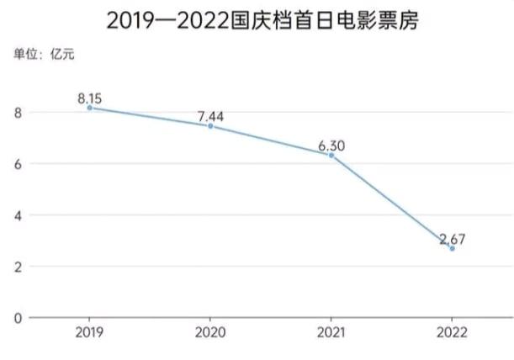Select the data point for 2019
pyautogui.click(x=90, y=109)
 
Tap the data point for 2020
pyautogui.click(x=210, y=126)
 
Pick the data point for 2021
pyautogui.click(x=331, y=156)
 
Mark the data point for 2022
pyautogui.click(x=452, y=249)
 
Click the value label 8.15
pyautogui.click(x=91, y=98)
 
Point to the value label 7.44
pyautogui.click(x=210, y=116)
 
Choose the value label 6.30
pyautogui.click(x=331, y=146)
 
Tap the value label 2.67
pyautogui.click(x=452, y=239)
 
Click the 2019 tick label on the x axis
pyautogui.click(x=90, y=333)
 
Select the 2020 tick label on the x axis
pyautogui.click(x=210, y=333)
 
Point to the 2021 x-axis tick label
pyautogui.click(x=331, y=333)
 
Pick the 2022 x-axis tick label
pyautogui.click(x=452, y=333)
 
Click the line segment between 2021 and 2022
pyautogui.click(x=391, y=202)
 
